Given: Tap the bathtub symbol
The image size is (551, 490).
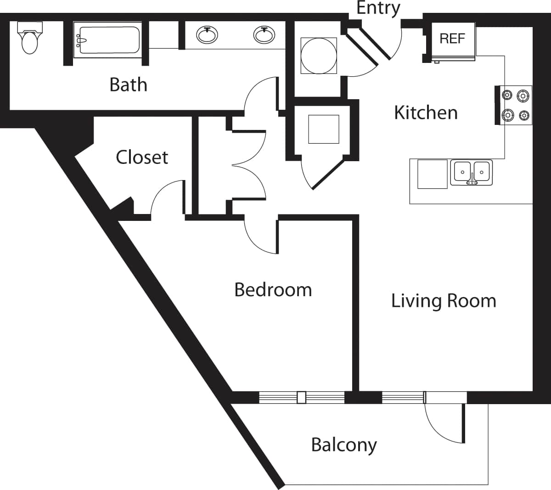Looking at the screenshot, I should [x=107, y=42].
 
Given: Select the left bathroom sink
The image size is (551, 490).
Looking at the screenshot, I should [x=207, y=35].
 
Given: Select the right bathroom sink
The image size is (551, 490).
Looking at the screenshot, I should [x=264, y=35].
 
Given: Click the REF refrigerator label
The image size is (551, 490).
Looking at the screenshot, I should [x=452, y=39].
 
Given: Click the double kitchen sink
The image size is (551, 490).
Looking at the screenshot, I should [x=471, y=173].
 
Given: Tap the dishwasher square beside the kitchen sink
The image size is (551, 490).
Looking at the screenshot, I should [x=432, y=174].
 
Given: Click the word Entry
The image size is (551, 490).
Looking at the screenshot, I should [x=378, y=8].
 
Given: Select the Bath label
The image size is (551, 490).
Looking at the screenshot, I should [x=128, y=85].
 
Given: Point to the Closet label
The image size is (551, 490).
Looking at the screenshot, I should [x=142, y=158].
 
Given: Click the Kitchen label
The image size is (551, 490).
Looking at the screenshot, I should [x=426, y=113].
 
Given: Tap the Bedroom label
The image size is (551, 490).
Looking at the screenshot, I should [x=273, y=290].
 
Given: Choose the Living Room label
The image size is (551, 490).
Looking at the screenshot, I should [x=444, y=301].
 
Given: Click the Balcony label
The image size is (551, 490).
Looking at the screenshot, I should [x=344, y=445].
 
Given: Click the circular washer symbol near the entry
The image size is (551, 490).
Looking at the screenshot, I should [x=318, y=55].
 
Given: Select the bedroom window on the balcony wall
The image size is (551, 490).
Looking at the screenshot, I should [x=301, y=397].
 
